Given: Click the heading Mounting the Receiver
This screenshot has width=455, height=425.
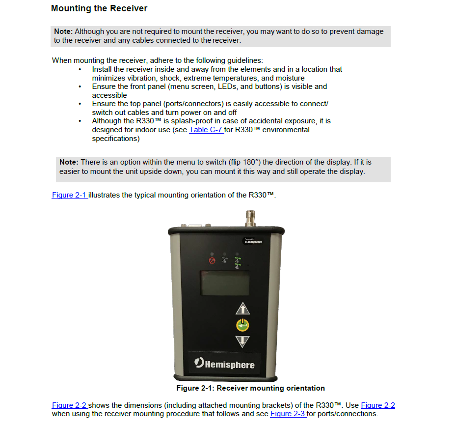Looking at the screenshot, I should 99,8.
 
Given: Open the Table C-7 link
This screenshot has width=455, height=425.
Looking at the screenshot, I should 206,130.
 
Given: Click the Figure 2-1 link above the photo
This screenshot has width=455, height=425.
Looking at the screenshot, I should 69,195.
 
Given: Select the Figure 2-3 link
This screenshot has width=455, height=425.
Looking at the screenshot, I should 288,414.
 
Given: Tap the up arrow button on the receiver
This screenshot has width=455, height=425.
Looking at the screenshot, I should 243,309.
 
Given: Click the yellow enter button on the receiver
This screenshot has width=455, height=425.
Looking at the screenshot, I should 243,325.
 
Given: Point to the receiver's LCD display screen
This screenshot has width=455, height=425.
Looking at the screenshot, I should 225,283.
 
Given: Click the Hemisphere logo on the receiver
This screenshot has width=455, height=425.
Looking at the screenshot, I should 225,364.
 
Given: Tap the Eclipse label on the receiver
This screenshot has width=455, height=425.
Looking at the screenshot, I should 253,241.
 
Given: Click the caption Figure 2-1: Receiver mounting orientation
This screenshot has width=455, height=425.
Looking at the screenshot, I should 250,388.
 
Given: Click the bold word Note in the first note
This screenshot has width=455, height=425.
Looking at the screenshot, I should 63,31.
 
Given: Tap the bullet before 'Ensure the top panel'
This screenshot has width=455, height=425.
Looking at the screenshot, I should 80,104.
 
